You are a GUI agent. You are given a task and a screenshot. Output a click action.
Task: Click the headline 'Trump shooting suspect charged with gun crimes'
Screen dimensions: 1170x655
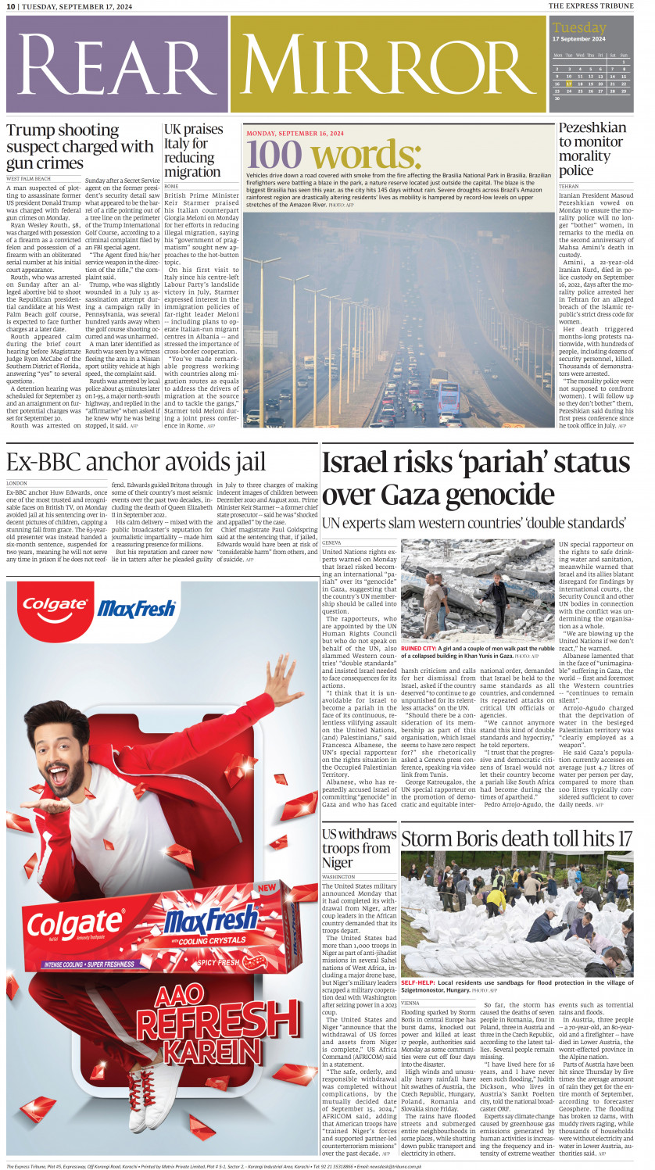[x=80, y=147]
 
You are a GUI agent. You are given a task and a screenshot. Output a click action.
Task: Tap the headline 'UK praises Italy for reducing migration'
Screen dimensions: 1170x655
[x=193, y=150]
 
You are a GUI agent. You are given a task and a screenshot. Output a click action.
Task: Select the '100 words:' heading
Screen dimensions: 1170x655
[x=334, y=153]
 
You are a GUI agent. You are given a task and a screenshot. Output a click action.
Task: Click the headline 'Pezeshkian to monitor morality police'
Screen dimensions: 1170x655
[x=592, y=148]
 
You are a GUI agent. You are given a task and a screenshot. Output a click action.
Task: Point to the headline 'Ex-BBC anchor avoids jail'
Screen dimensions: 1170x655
[x=136, y=462]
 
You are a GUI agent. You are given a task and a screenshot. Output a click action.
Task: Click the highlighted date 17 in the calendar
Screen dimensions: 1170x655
[x=569, y=83]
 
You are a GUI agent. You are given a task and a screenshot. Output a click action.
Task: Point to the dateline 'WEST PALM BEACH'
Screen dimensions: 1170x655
[x=28, y=179]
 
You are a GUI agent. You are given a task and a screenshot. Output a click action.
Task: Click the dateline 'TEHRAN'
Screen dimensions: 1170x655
[x=569, y=187]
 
